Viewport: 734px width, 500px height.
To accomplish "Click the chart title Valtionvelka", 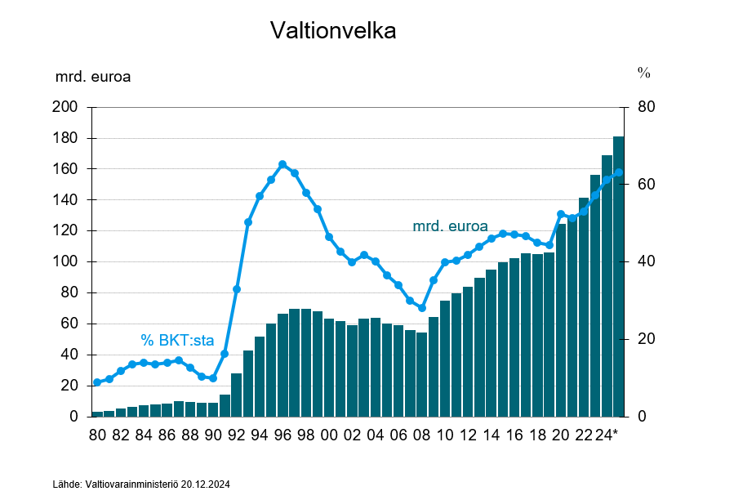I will (x=333, y=31).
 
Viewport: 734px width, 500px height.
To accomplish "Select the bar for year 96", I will (x=282, y=364).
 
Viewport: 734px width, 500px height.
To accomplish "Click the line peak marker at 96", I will (x=282, y=164).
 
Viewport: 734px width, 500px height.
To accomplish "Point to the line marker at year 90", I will (x=213, y=378).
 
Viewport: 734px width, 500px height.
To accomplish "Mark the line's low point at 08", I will (x=421, y=308).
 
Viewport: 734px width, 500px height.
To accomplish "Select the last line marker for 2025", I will (x=618, y=172).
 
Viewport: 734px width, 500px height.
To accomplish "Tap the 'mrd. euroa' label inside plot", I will (x=450, y=225).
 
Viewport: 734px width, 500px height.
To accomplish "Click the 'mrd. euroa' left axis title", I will (x=93, y=78).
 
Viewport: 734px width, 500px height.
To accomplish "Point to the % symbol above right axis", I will (x=643, y=73).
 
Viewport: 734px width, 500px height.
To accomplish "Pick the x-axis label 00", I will (x=329, y=435).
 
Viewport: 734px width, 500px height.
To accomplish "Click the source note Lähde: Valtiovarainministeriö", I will (x=141, y=484).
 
